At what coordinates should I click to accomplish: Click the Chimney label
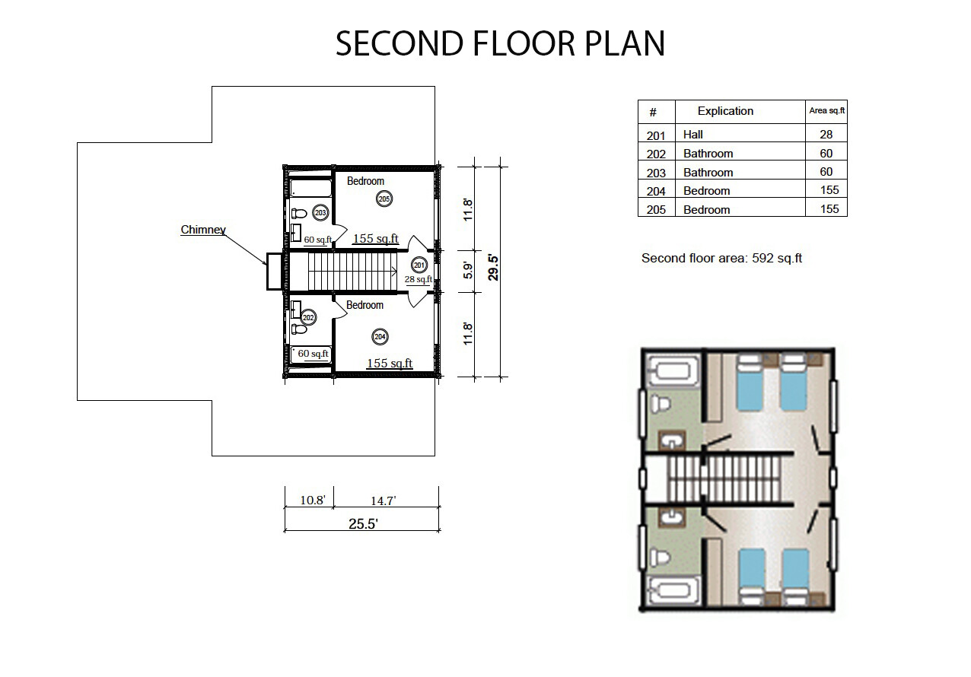[203, 229]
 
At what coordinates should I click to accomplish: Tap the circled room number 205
[384, 199]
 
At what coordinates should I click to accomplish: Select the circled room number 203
[320, 213]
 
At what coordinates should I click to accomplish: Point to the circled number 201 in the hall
[419, 265]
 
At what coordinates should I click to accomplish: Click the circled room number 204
[380, 337]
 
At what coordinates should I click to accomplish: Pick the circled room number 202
[308, 318]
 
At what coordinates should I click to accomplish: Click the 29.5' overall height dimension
[493, 268]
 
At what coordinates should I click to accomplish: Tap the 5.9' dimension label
[468, 271]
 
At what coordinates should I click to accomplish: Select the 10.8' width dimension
[313, 501]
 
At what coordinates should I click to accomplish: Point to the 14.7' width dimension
[384, 501]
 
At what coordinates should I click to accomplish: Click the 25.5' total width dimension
[363, 524]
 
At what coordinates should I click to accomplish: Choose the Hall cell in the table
[692, 135]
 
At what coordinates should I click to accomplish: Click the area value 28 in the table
[826, 135]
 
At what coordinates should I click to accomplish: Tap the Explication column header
[725, 111]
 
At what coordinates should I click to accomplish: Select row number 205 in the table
[656, 210]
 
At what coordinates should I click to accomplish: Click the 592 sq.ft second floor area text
[777, 259]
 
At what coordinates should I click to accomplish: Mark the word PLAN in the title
[625, 43]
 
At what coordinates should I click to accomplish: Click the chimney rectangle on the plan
[275, 272]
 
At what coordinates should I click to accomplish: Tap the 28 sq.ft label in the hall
[419, 280]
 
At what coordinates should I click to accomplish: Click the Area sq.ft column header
[826, 110]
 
